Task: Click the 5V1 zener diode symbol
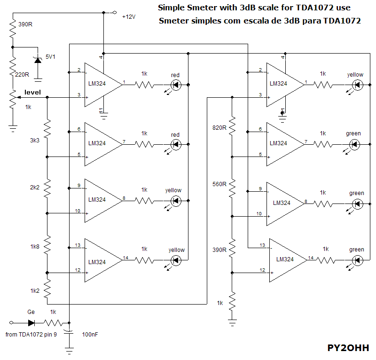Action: pyautogui.click(x=38, y=60)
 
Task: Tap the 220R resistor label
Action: pyautogui.click(x=23, y=74)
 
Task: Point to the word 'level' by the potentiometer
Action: pyautogui.click(x=32, y=91)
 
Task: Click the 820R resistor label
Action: pyautogui.click(x=219, y=128)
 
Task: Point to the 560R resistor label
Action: pyautogui.click(x=219, y=184)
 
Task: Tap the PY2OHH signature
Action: pyautogui.click(x=348, y=348)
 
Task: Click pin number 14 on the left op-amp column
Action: pyautogui.click(x=125, y=258)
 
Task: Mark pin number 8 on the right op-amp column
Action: pyautogui.click(x=306, y=202)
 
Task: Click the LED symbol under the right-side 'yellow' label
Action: pyautogui.click(x=357, y=85)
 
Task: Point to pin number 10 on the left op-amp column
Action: pyautogui.click(x=78, y=211)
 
